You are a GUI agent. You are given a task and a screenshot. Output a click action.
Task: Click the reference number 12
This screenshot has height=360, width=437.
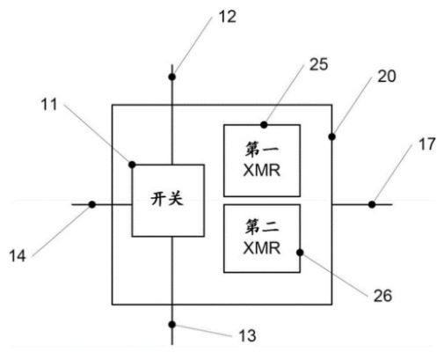click(228, 17)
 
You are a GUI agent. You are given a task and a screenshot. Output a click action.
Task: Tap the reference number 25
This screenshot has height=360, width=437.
click(318, 64)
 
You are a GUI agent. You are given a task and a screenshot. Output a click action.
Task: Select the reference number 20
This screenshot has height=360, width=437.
click(387, 77)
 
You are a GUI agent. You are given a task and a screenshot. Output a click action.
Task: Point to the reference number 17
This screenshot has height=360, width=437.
click(426, 144)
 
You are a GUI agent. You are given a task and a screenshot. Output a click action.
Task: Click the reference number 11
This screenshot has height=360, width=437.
click(49, 104)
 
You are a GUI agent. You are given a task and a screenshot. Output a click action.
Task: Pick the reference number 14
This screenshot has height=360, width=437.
click(18, 255)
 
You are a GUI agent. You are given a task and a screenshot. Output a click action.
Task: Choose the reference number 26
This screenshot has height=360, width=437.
click(382, 296)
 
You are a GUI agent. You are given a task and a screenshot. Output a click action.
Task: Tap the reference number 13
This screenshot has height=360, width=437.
click(248, 335)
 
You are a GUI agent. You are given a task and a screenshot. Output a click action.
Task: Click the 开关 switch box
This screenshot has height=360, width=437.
click(168, 201)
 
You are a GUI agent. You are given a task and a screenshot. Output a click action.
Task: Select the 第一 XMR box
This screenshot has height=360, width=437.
click(262, 160)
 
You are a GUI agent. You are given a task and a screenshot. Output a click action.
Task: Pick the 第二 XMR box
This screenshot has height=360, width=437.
click(262, 239)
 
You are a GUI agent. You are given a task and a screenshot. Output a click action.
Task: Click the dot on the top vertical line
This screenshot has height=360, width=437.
click(172, 77)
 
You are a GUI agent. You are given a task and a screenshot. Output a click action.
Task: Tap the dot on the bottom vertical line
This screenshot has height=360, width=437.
click(172, 325)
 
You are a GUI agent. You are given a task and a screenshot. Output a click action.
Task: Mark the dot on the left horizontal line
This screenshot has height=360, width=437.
click(92, 204)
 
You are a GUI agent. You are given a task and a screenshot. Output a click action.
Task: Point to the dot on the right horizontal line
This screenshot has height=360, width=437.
click(372, 204)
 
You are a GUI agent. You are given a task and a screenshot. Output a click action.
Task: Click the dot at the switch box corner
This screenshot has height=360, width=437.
click(132, 165)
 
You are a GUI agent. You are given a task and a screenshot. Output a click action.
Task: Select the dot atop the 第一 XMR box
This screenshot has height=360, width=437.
click(264, 125)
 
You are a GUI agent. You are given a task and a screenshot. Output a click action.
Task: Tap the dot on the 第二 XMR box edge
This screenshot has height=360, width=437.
click(300, 253)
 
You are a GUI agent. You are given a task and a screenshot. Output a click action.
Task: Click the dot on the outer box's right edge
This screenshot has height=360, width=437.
click(331, 136)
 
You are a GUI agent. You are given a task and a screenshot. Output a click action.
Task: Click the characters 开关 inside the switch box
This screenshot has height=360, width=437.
click(167, 199)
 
